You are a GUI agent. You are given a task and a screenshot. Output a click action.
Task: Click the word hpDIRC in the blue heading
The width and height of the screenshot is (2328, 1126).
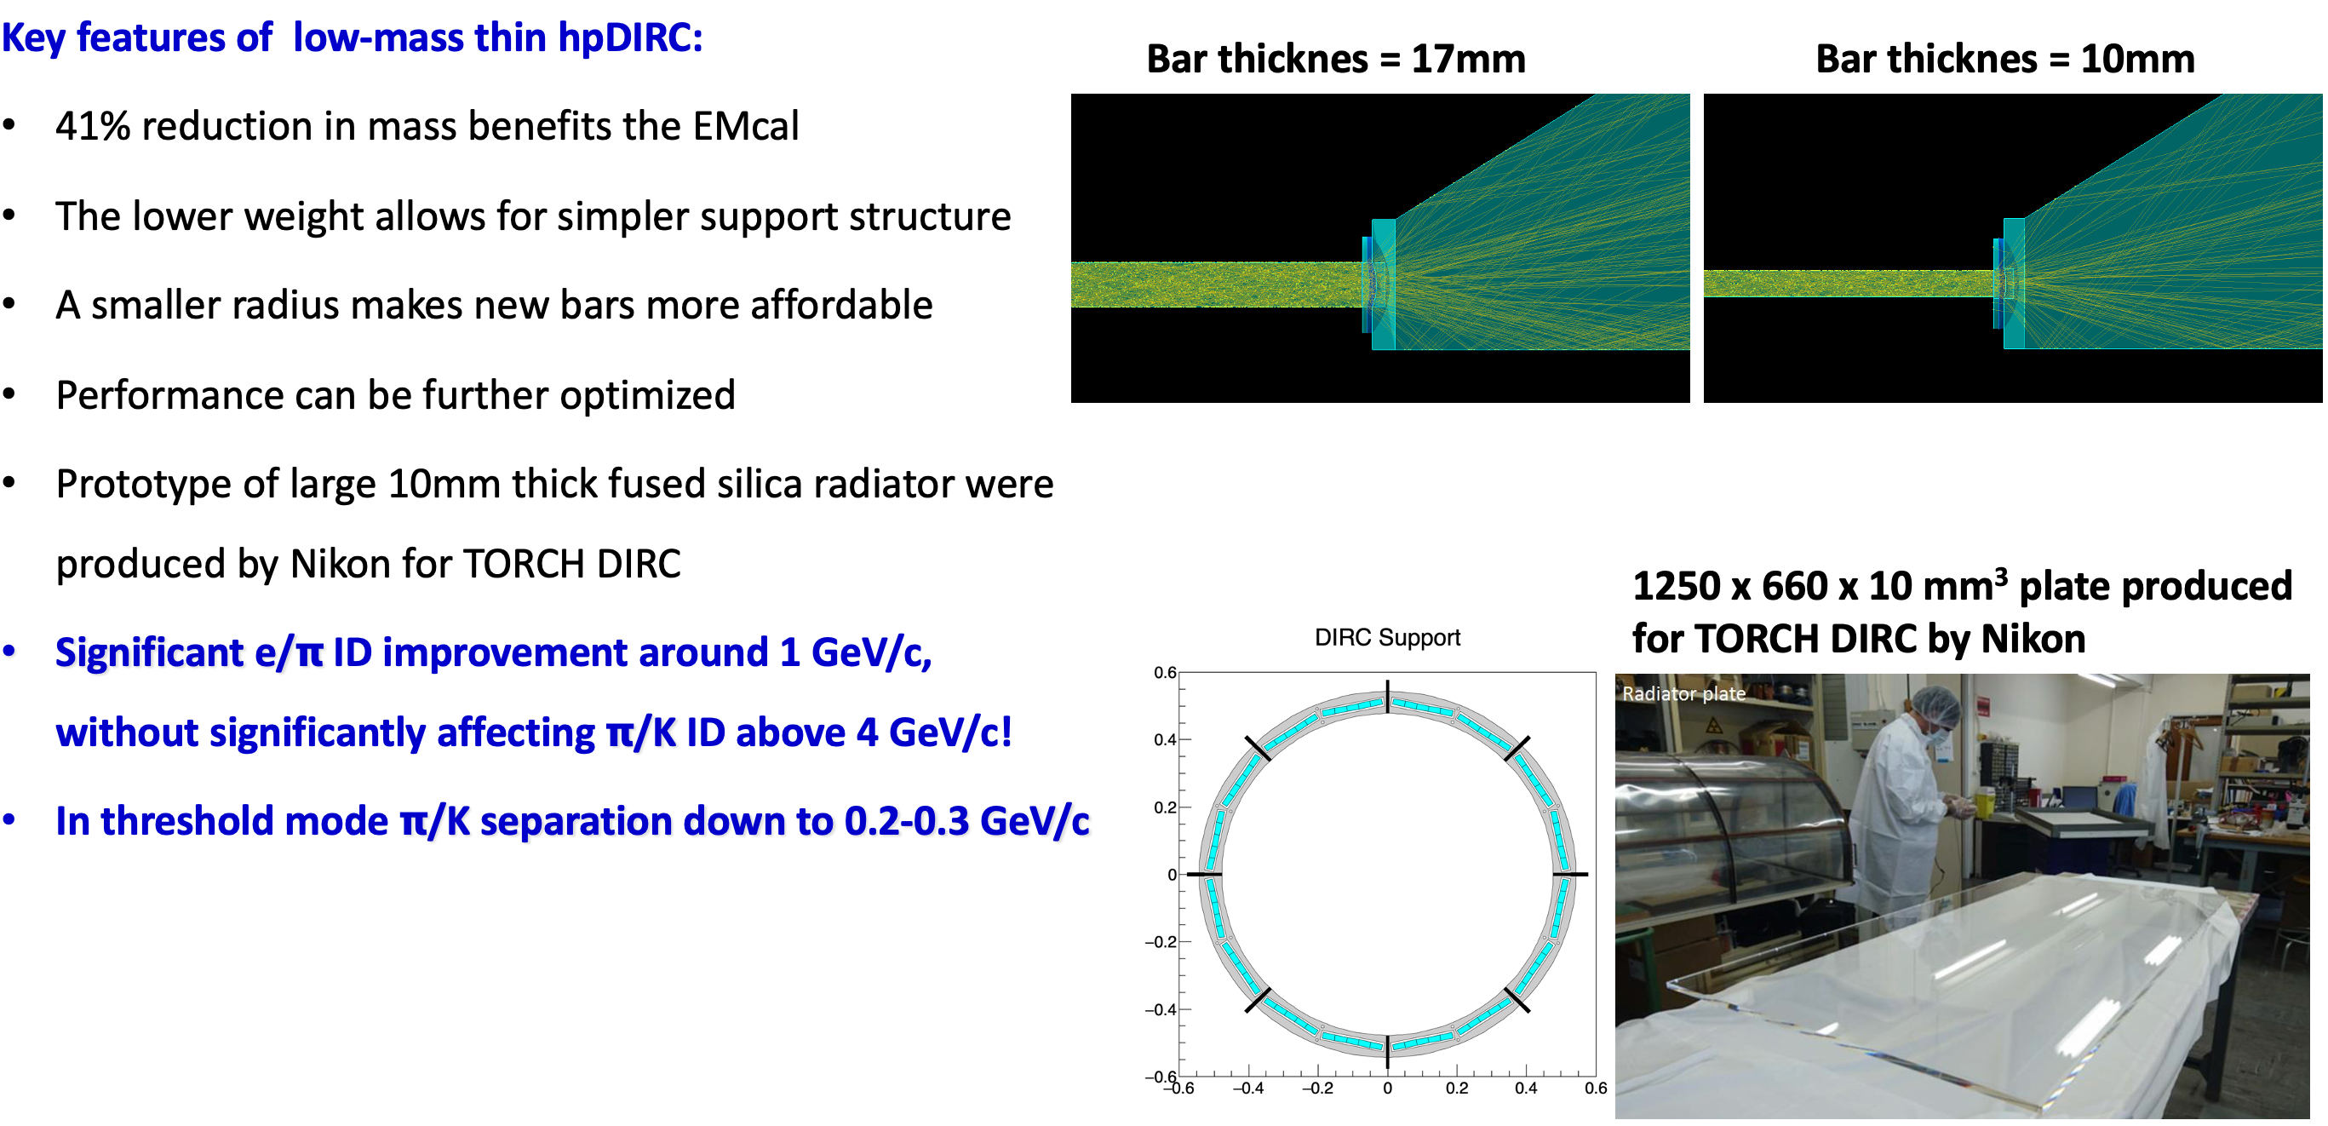point(629,38)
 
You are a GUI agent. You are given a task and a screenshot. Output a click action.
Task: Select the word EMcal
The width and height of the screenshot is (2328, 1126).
point(746,125)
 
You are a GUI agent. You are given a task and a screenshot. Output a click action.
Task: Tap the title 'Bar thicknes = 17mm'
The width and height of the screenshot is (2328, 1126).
point(1336,60)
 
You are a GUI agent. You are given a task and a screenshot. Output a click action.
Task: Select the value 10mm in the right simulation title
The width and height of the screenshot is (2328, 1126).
point(2137,60)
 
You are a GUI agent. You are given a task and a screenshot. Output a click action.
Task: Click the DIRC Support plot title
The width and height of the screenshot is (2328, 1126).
point(1387,638)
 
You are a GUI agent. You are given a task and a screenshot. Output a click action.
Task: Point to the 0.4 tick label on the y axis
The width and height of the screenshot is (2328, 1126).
point(1165,740)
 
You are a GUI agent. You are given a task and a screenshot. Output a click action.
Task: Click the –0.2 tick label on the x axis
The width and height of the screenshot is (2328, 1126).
point(1317,1088)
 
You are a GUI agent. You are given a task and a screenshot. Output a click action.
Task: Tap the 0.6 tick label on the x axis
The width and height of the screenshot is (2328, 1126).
point(1595,1088)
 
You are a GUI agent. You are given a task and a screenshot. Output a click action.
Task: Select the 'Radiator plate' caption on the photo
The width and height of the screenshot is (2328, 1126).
point(1683,693)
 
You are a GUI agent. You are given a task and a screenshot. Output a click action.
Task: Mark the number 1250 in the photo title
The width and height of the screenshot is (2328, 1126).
point(1677,587)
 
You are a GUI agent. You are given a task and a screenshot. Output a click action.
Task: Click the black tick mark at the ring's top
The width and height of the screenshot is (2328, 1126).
point(1387,697)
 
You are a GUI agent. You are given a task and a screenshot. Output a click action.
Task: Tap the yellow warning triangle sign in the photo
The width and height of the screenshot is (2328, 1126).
point(1712,726)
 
